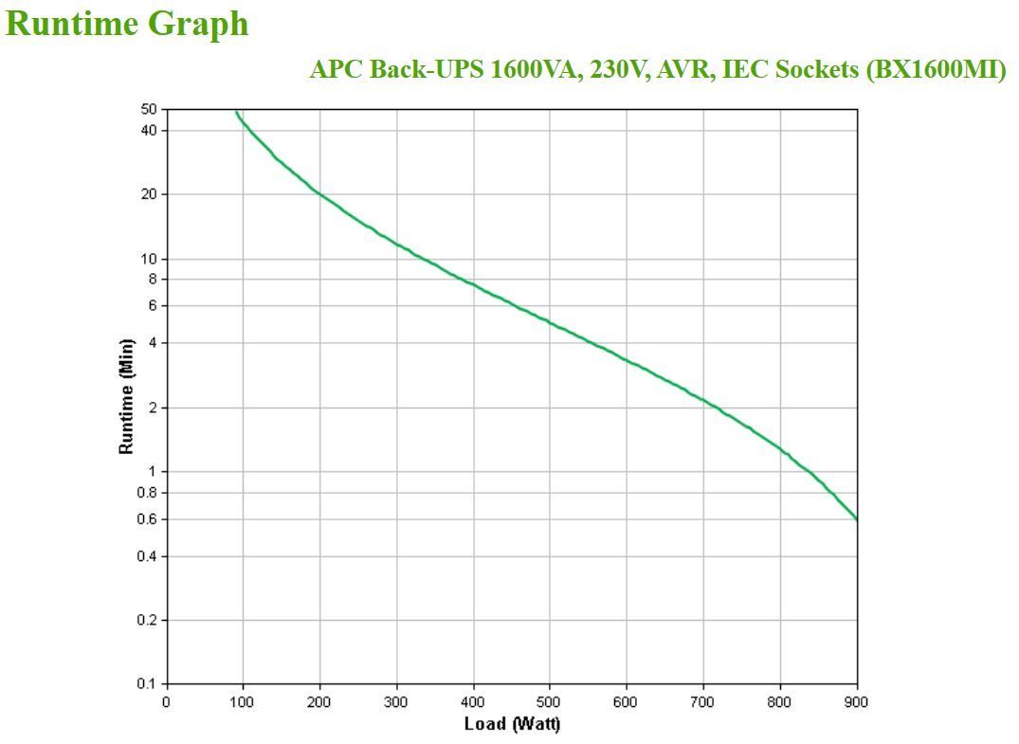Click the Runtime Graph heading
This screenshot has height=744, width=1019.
[127, 24]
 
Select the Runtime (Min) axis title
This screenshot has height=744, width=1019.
[126, 396]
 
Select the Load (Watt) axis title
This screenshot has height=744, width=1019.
[512, 725]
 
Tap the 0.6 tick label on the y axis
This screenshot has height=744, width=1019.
[148, 519]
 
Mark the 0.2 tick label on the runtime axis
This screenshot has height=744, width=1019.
[148, 620]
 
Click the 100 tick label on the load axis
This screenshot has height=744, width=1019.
[243, 702]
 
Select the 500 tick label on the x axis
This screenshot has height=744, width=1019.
[550, 702]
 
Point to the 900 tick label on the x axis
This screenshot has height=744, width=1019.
[857, 702]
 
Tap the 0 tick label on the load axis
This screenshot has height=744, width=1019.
[167, 702]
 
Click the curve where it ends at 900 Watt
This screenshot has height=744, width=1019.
[856, 518]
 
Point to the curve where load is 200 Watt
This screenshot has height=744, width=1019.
[319, 193]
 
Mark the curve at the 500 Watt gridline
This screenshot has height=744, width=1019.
[550, 322]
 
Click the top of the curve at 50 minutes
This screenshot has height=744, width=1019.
[236, 112]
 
